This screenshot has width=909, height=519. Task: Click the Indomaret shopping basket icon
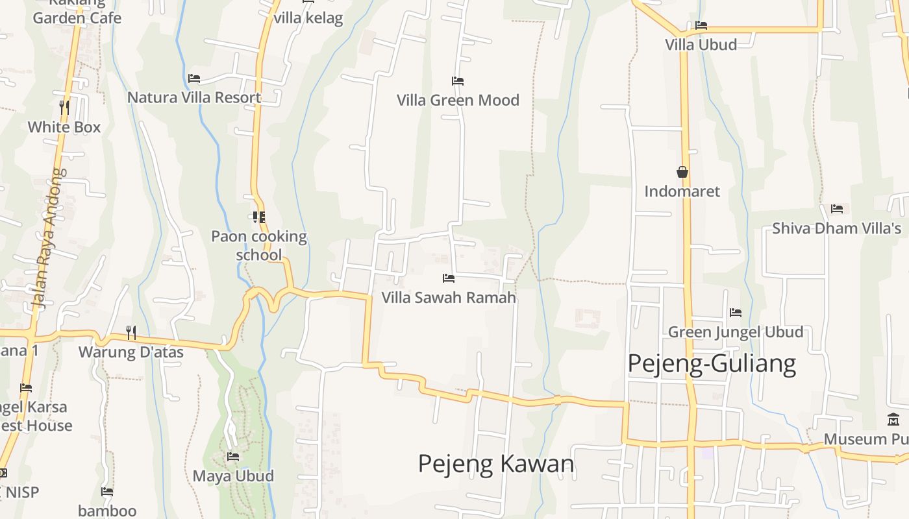(682, 172)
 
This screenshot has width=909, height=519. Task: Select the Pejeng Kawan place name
(496, 464)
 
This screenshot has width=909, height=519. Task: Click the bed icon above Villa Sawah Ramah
(448, 278)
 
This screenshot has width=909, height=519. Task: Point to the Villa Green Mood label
(458, 100)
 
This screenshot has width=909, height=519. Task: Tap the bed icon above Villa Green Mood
(458, 81)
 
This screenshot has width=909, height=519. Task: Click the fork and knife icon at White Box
(64, 107)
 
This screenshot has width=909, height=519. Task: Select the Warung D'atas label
(131, 352)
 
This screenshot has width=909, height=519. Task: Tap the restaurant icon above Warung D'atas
(131, 333)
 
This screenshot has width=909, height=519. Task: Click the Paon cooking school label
(259, 245)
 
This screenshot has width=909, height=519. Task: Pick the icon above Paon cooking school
(259, 217)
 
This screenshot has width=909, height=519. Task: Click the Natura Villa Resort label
(194, 97)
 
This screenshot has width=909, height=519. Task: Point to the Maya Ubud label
(233, 476)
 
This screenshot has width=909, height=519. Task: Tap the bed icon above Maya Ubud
(233, 457)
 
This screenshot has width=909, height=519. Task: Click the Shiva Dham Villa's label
(836, 228)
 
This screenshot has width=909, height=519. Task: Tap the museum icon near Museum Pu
(893, 420)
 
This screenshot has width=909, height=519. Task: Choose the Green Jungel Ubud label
(736, 332)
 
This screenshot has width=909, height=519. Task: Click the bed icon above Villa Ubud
(701, 25)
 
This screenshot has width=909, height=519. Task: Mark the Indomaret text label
(682, 191)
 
